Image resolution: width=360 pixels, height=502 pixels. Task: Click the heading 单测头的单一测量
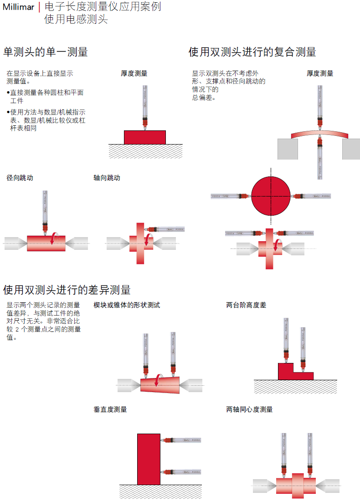[x=45, y=52]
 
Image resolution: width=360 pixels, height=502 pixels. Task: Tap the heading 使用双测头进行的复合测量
[x=252, y=52]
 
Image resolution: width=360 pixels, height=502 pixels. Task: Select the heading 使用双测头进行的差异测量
[x=67, y=290]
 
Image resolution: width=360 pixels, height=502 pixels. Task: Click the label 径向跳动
[x=20, y=178]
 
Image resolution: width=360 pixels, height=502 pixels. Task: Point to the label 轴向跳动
[x=107, y=178]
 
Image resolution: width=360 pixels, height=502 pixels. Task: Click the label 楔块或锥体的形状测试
[x=127, y=305]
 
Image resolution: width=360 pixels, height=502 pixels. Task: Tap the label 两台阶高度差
[x=246, y=305]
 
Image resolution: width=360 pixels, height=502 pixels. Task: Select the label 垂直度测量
[x=110, y=409]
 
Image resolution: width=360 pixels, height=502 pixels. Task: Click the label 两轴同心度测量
[x=249, y=409]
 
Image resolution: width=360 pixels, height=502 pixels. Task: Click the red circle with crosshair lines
[x=271, y=196]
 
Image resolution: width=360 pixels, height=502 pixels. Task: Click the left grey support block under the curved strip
[x=288, y=149]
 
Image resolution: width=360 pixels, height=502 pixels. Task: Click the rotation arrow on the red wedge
[x=158, y=380]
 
